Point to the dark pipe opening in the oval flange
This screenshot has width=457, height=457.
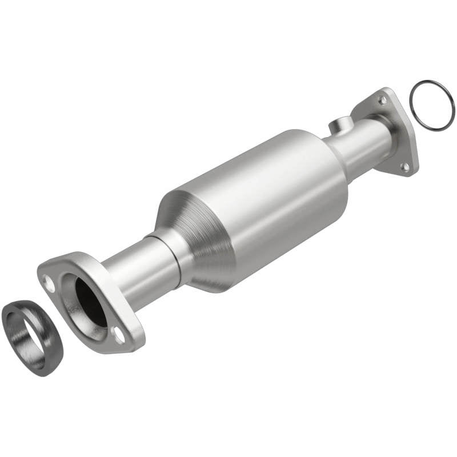(x=91, y=303)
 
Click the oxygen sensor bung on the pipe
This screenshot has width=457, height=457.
(x=339, y=124)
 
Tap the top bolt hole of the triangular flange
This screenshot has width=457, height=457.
(x=382, y=100)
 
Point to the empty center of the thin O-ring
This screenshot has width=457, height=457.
(x=432, y=105)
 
